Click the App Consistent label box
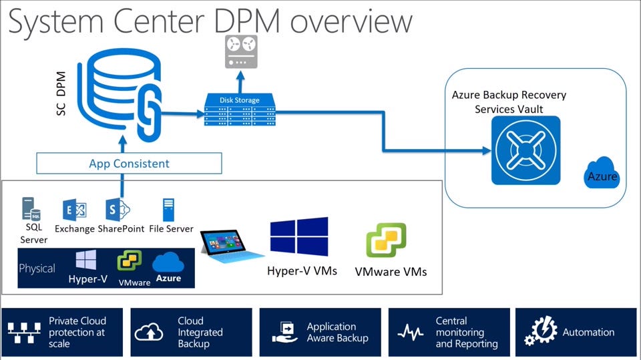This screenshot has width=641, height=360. coord(129,164)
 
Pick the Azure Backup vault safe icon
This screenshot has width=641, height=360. coord(525,150)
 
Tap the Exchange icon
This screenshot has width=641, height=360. coord(74,210)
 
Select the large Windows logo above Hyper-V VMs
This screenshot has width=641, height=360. coord(298,237)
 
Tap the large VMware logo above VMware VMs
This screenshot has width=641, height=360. coord(386,240)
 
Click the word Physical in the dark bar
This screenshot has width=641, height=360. coord(37,268)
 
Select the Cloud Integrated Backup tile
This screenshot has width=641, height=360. coord(191,332)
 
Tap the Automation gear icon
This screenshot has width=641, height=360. coord(541,332)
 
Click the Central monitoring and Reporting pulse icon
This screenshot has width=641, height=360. coord(410,333)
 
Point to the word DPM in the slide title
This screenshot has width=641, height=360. coord(241,21)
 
